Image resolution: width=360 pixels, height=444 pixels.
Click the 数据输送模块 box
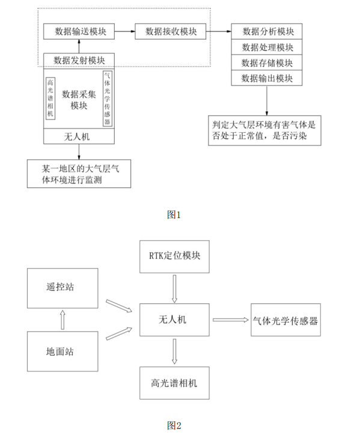(x=79, y=31)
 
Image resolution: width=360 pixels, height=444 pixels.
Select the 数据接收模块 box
(x=169, y=31)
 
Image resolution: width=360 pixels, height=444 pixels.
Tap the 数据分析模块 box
(x=267, y=31)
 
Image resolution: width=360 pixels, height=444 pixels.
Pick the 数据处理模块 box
(x=267, y=47)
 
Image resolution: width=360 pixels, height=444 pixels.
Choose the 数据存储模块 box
(x=267, y=62)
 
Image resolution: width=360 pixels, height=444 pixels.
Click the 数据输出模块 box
(x=267, y=78)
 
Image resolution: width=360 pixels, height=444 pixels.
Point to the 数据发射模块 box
(x=79, y=60)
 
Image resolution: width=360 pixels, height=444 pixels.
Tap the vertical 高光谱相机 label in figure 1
(x=52, y=98)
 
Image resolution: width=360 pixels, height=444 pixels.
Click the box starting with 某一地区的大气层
(x=79, y=173)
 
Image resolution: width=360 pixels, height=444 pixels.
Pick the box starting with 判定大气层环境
(x=265, y=130)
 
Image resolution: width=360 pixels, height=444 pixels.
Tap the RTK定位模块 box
(x=174, y=255)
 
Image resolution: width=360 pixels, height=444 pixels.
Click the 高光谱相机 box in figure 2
(x=174, y=382)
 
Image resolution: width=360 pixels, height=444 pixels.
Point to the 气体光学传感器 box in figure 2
(x=285, y=320)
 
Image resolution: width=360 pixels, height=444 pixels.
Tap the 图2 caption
(x=174, y=425)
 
